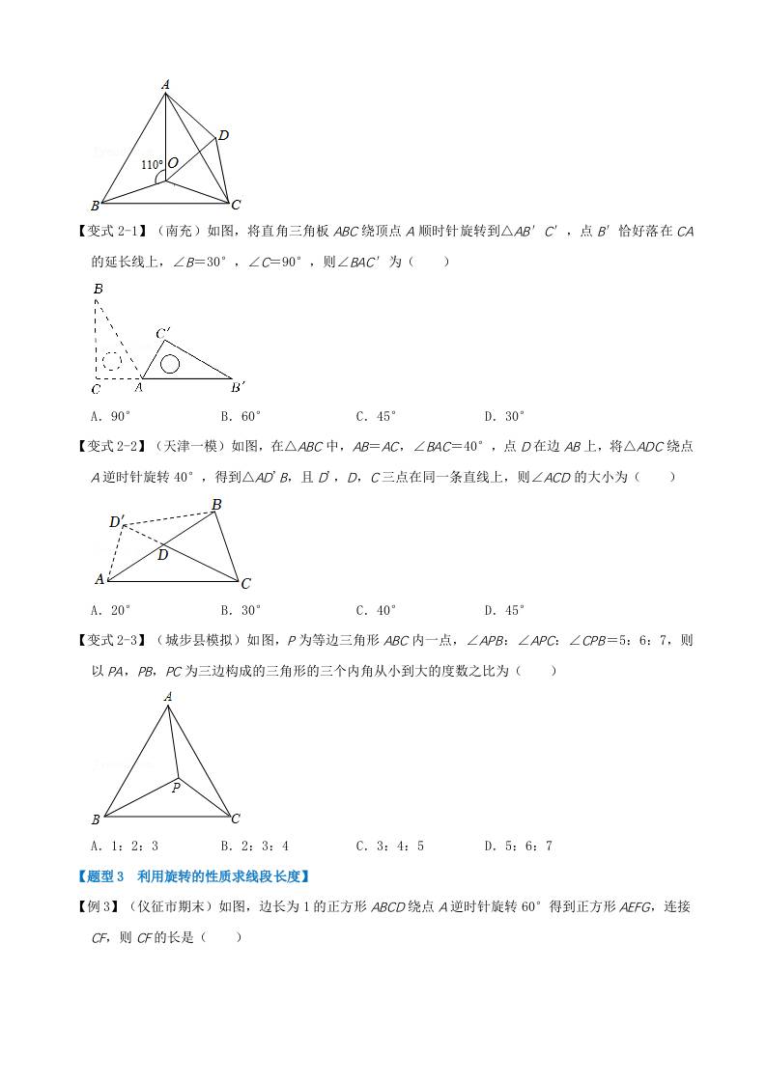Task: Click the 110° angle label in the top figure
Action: tap(152, 165)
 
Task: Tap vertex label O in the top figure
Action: tap(172, 164)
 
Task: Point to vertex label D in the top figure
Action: tap(222, 136)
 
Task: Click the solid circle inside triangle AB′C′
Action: tap(170, 364)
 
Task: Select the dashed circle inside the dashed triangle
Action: tap(111, 362)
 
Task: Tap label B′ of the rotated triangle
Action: tap(238, 388)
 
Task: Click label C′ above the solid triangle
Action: tap(164, 334)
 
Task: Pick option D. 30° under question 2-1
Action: tap(504, 416)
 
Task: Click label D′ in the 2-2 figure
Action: tap(116, 522)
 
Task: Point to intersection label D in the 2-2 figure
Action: tap(162, 555)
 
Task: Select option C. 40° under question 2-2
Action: tap(377, 610)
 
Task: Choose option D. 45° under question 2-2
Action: tap(504, 610)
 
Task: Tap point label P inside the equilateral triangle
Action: tap(176, 788)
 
